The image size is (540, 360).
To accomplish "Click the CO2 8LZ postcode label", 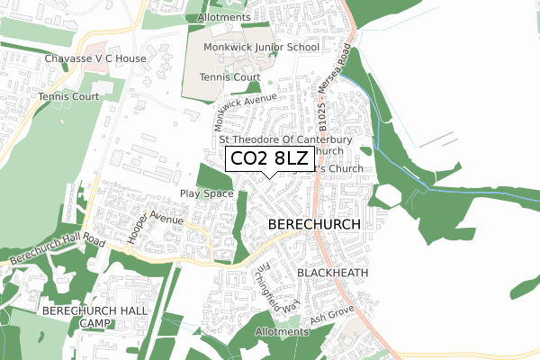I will click(x=269, y=159).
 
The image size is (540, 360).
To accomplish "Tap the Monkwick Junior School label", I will click(x=261, y=47).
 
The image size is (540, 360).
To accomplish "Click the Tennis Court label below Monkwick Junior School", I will click(x=229, y=77).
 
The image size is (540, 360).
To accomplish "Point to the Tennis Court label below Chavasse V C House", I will click(x=67, y=95).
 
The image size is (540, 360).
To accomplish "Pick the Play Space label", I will click(x=207, y=193).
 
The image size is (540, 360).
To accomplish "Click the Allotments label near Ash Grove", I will click(x=282, y=332).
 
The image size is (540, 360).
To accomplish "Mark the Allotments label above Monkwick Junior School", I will click(x=223, y=18).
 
